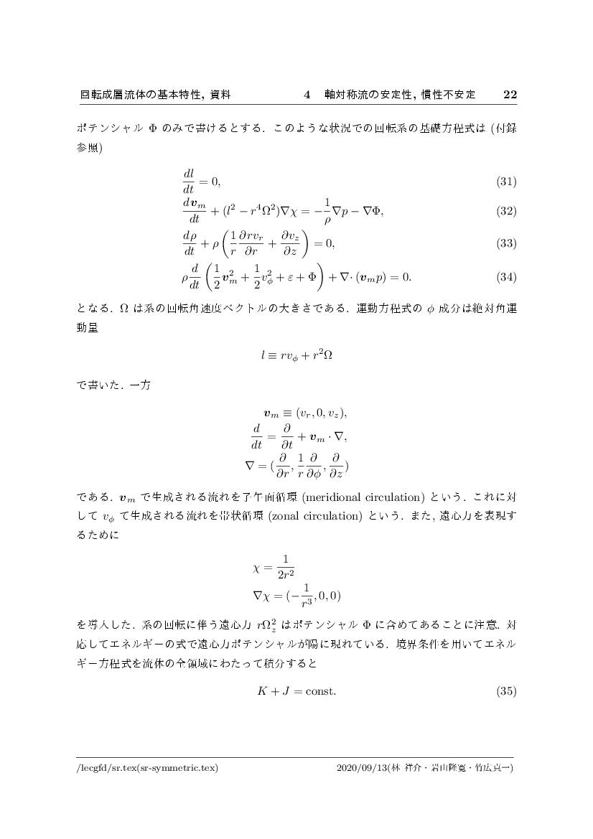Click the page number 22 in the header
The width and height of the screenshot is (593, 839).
[510, 94]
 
